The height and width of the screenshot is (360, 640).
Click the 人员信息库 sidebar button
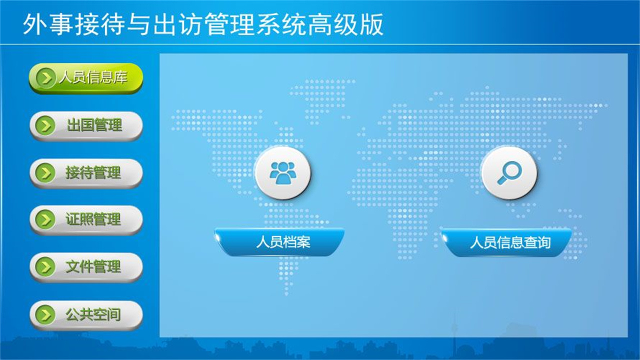[85, 78]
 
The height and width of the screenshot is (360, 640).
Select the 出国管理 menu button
[85, 125]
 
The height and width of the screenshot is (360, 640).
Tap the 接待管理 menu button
[85, 173]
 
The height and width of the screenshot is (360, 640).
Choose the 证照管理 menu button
[85, 220]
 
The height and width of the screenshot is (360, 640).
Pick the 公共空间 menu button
[85, 315]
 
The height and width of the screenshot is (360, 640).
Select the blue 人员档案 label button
[280, 242]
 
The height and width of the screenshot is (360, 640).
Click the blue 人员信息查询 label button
[507, 242]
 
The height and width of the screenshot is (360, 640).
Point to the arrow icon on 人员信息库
[46, 78]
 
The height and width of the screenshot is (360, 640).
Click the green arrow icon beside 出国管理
[46, 125]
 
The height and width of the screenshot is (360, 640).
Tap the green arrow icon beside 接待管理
[46, 173]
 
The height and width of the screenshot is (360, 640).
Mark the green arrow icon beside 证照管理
[46, 220]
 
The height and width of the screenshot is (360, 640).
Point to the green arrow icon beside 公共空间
[46, 315]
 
